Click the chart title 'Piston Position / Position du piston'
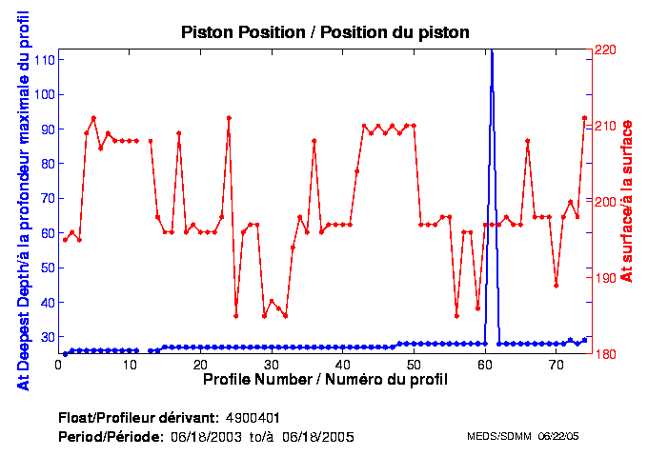click(x=325, y=32)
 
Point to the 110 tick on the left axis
click(x=43, y=59)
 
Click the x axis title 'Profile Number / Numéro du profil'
click(x=325, y=380)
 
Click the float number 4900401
click(x=253, y=418)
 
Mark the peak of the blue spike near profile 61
click(x=492, y=53)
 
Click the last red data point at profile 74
click(x=584, y=118)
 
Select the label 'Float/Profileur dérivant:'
click(x=137, y=418)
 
